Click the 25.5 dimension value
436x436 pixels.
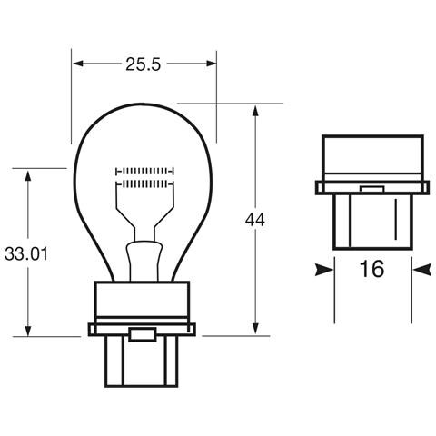144,64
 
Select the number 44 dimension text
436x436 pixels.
255,219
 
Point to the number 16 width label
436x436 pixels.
371,269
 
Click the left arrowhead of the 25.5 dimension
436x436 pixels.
77,64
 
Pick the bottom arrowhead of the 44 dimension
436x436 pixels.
255,330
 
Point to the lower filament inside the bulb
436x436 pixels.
144,183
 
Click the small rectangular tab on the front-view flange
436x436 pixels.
142,335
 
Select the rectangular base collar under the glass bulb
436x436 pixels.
142,302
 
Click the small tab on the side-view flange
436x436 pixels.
372,190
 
